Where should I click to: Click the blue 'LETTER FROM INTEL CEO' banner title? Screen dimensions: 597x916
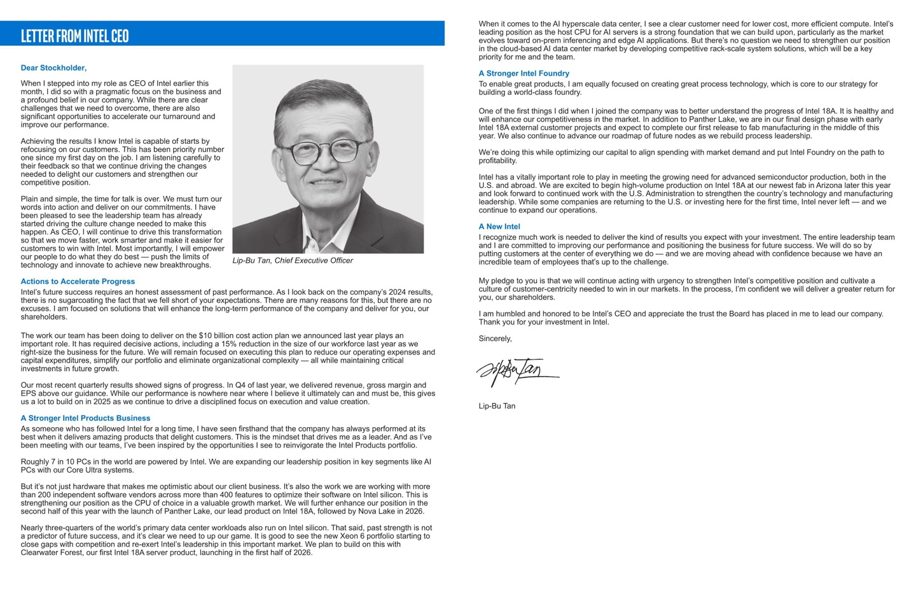74,36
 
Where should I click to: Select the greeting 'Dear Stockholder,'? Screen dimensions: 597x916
53,68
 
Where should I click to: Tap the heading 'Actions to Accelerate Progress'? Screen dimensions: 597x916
78,281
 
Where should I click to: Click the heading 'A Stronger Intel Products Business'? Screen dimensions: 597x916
85,418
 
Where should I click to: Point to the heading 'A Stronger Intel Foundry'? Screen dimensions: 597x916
524,74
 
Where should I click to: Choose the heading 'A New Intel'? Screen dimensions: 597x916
499,227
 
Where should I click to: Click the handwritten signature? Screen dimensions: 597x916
516,371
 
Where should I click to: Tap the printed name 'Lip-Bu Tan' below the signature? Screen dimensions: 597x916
497,406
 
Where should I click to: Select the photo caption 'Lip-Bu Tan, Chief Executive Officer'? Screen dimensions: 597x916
293,261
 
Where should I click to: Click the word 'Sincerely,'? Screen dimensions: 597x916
495,339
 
